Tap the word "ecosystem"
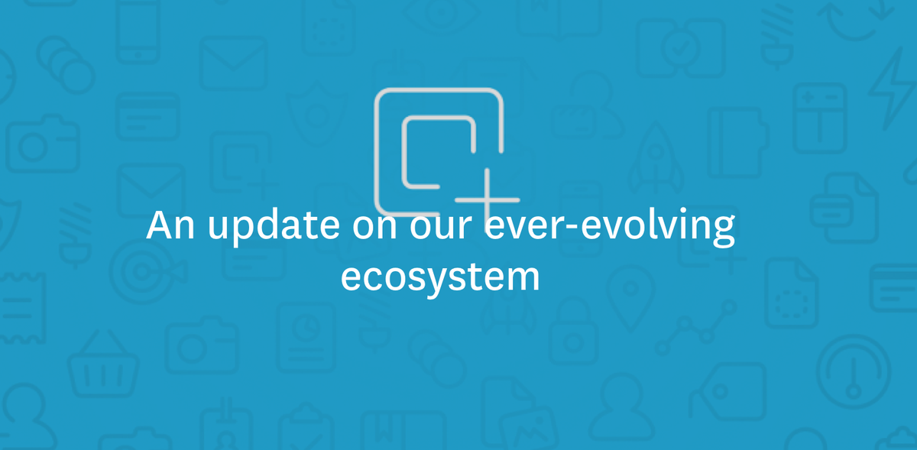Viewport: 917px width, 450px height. pyautogui.click(x=440, y=277)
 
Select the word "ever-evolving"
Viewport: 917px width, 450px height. pyautogui.click(x=610, y=227)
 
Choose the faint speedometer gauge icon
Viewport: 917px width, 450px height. pyautogui.click(x=854, y=370)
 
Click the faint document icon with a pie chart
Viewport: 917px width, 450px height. pyautogui.click(x=306, y=340)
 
